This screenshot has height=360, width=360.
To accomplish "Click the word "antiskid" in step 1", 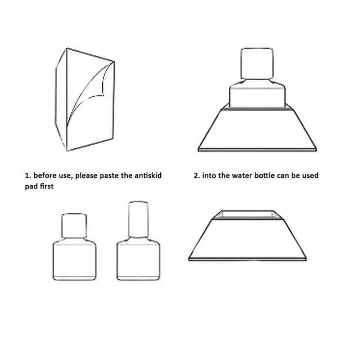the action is pyautogui.click(x=148, y=175).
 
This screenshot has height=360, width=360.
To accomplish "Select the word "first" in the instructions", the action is pyautogui.click(x=47, y=186).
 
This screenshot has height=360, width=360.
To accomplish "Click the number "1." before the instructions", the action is pyautogui.click(x=28, y=176).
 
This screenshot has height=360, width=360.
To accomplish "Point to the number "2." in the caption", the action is pyautogui.click(x=197, y=175).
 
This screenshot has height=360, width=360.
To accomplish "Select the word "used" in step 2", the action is pyautogui.click(x=310, y=175).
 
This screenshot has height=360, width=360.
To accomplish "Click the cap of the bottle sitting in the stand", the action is pyautogui.click(x=257, y=64).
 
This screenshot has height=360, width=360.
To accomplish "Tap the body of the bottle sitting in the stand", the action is pyautogui.click(x=257, y=94).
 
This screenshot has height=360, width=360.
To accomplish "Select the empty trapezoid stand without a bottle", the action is pyautogui.click(x=247, y=238).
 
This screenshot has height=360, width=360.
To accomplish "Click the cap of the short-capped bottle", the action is pyautogui.click(x=74, y=226).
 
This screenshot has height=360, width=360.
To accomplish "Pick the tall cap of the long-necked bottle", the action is pyautogui.click(x=138, y=219).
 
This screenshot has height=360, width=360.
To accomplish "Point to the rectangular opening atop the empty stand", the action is pyautogui.click(x=247, y=214).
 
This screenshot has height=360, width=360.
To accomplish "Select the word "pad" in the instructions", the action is pyautogui.click(x=31, y=187).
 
